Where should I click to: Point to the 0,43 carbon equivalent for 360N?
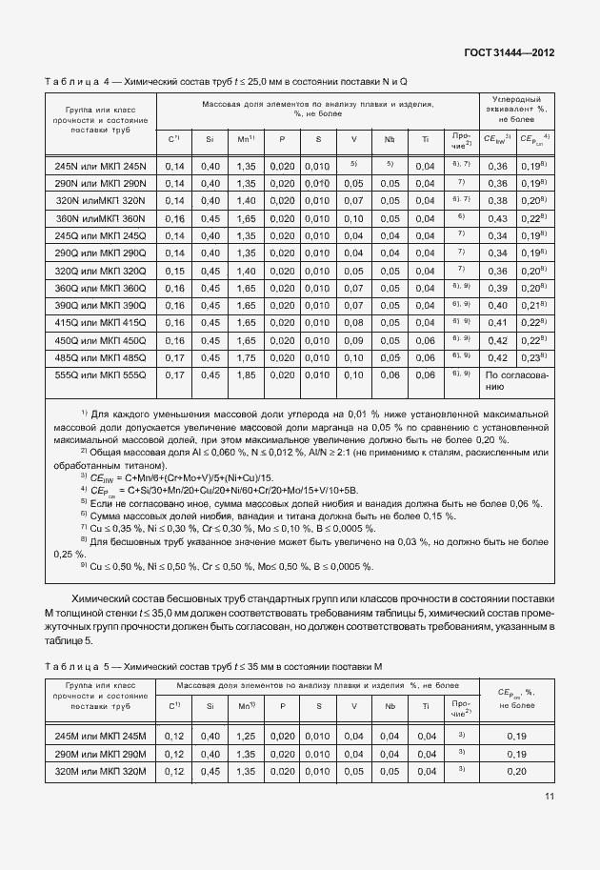pyautogui.click(x=496, y=218)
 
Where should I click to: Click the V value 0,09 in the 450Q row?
pyautogui.click(x=353, y=340)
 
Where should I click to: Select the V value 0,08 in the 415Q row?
pyautogui.click(x=353, y=323)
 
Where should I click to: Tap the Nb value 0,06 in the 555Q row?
pyautogui.click(x=389, y=375)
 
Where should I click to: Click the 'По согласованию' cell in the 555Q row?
pyautogui.click(x=516, y=381)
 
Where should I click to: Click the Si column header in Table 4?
pyautogui.click(x=208, y=140)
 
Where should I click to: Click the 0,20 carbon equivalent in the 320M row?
pyautogui.click(x=516, y=771)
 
